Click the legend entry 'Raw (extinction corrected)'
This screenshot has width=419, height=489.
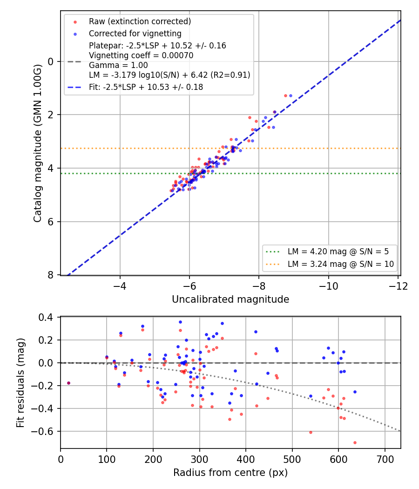pyautogui.click(x=140, y=21)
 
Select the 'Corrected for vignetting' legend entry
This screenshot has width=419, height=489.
pyautogui.click(x=135, y=34)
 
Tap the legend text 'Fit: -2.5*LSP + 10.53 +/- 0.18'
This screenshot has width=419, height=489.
pyautogui.click(x=146, y=87)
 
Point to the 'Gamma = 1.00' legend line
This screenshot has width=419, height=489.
pyautogui.click(x=118, y=65)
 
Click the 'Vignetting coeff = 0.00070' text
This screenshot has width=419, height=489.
pyautogui.click(x=141, y=55)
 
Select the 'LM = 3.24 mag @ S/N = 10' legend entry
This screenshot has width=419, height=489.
pyautogui.click(x=341, y=264)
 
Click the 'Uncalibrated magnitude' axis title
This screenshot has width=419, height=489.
pyautogui.click(x=230, y=299)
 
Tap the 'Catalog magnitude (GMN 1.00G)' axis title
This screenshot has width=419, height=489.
pyautogui.click(x=37, y=143)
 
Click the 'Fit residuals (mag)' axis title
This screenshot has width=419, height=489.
pyautogui.click(x=20, y=383)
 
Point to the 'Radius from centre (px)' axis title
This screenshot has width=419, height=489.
pyautogui.click(x=230, y=473)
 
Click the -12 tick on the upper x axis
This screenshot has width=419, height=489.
pyautogui.click(x=398, y=286)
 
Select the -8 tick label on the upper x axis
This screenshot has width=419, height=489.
pyautogui.click(x=259, y=286)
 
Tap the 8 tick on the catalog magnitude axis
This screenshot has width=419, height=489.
pyautogui.click(x=50, y=275)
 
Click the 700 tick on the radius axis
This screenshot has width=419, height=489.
pyautogui.click(x=385, y=459)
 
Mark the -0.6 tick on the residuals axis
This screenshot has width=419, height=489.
pyautogui.click(x=42, y=431)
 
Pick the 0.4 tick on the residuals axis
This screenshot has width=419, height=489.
pyautogui.click(x=46, y=318)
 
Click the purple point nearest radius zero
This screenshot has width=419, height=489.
pyautogui.click(x=68, y=383)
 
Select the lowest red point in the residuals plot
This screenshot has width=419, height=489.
pyautogui.click(x=355, y=442)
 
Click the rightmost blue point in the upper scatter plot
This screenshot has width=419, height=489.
pyautogui.click(x=291, y=96)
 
